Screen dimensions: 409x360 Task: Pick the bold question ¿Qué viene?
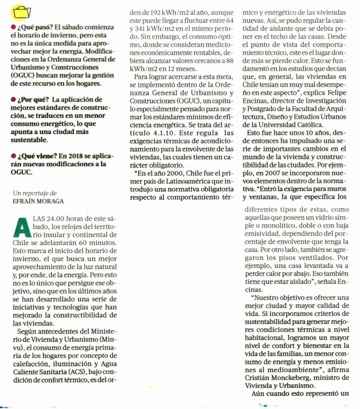pos(35,156)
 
